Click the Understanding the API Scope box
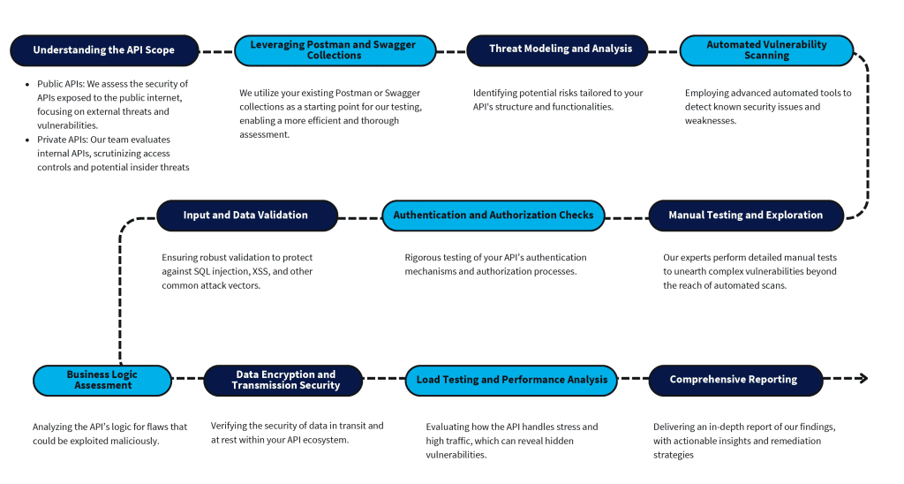(104, 50)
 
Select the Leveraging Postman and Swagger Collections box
(335, 50)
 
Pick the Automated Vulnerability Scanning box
(766, 50)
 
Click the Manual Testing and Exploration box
(746, 216)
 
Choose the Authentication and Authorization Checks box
(493, 216)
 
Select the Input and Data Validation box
(246, 216)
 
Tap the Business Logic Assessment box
(102, 381)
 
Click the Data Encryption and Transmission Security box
(282, 381)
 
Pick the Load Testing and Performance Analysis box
(512, 381)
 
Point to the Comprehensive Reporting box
(734, 380)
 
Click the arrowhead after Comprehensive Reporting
(863, 379)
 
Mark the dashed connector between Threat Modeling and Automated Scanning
(663, 50)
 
